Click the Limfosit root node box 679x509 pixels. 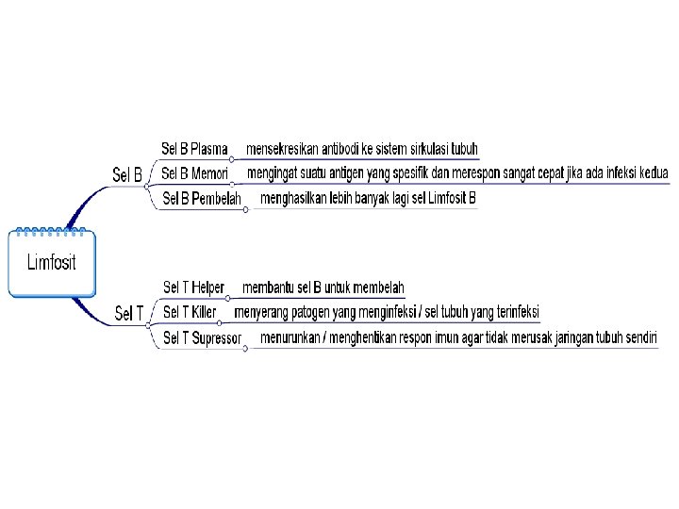click(51, 263)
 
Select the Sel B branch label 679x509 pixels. click(127, 174)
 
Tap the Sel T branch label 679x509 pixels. click(129, 313)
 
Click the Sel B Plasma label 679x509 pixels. click(194, 149)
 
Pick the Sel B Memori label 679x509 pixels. click(194, 173)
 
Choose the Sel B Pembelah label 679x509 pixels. click(202, 198)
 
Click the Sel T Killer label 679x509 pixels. click(190, 312)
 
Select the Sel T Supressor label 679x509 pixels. click(202, 337)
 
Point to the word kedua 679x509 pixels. click(653, 173)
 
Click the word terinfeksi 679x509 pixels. click(511, 312)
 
